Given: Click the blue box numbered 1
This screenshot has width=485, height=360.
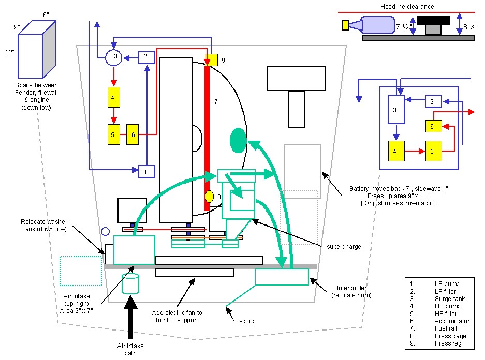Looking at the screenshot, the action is point(146,172).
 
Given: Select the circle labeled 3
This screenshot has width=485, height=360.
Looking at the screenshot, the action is point(113,57).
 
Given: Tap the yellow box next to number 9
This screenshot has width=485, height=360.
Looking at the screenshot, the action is point(211,59).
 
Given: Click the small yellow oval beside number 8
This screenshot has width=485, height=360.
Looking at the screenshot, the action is point(210,197).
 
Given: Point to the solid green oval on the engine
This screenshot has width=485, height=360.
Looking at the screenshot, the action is point(238,140).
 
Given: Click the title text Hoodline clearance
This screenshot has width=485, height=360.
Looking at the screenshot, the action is point(407,7).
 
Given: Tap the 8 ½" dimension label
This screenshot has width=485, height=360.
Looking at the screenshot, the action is point(471,27).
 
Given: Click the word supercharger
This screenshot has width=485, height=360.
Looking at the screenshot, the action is point(345,247).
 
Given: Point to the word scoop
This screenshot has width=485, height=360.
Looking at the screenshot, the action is point(247,321).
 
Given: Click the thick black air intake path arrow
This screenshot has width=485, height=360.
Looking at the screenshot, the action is point(130,317).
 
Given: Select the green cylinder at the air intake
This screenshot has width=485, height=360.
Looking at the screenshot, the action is point(130,283).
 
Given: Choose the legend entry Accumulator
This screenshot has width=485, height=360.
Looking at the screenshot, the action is point(452,321).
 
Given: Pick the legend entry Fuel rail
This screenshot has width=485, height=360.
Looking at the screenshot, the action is point(446,328).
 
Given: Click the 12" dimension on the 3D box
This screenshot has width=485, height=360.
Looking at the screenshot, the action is point(10,52).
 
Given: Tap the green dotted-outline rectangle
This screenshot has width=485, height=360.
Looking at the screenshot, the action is point(81,271).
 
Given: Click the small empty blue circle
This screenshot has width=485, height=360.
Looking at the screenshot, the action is point(106,231).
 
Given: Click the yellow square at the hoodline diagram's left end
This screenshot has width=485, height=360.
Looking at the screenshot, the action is point(345,25).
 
